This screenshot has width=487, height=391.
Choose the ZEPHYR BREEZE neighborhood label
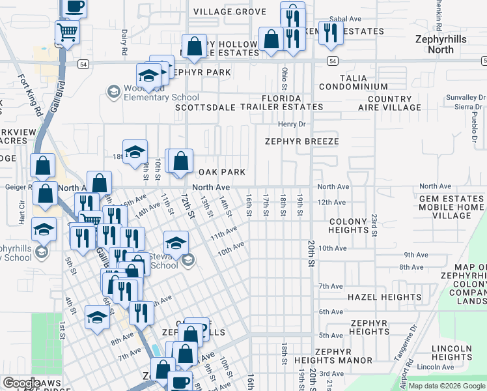coord(301,141)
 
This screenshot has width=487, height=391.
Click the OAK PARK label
coord(221,172)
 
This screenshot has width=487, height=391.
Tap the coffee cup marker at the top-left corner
coord(75,7)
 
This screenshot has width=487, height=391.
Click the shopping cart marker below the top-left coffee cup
coord(67,31)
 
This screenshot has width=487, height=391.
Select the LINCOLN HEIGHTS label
coord(451,353)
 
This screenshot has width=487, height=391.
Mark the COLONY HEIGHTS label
coord(348,225)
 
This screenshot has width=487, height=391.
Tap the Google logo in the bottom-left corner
coord(21,383)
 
